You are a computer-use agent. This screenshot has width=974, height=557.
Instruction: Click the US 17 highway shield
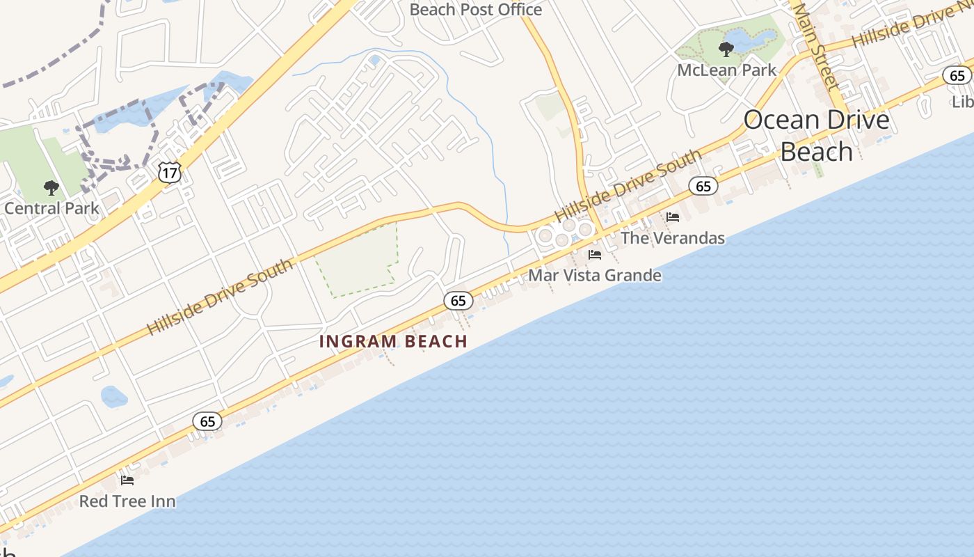coord(170,172)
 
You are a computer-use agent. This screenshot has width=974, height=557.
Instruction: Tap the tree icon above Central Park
coord(51,187)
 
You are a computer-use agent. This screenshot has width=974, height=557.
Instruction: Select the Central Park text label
coord(51,208)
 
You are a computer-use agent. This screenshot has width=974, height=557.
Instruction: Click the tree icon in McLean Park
coord(726,49)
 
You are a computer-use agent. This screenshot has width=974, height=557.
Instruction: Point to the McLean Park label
coord(726,70)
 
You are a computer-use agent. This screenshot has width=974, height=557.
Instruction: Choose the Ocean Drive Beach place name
coord(816,135)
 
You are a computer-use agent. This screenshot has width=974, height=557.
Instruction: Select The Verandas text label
coord(672,238)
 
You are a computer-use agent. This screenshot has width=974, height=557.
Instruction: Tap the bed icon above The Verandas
coord(673,217)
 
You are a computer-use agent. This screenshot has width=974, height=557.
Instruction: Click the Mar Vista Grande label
coord(594,275)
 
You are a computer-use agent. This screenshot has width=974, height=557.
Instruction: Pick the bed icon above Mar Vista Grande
coord(595,255)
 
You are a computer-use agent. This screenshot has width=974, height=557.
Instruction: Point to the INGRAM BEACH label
coord(393,342)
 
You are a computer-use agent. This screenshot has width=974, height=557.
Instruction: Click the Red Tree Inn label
coord(127,501)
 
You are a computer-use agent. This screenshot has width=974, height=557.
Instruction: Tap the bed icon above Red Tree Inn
coord(127,480)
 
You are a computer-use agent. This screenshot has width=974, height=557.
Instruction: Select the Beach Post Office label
coord(475,10)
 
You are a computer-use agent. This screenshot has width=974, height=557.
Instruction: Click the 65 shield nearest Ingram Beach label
coord(458,301)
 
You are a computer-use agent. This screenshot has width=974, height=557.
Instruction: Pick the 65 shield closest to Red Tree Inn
coord(207,421)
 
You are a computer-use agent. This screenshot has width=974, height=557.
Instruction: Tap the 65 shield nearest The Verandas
coord(703,186)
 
